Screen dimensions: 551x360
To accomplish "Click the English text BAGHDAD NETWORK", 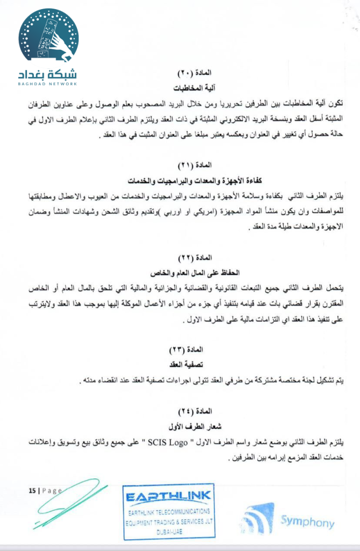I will pos(48,83).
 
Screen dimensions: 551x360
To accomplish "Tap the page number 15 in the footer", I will pos(32,491).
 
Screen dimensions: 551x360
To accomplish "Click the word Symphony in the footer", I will pos(307,522).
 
